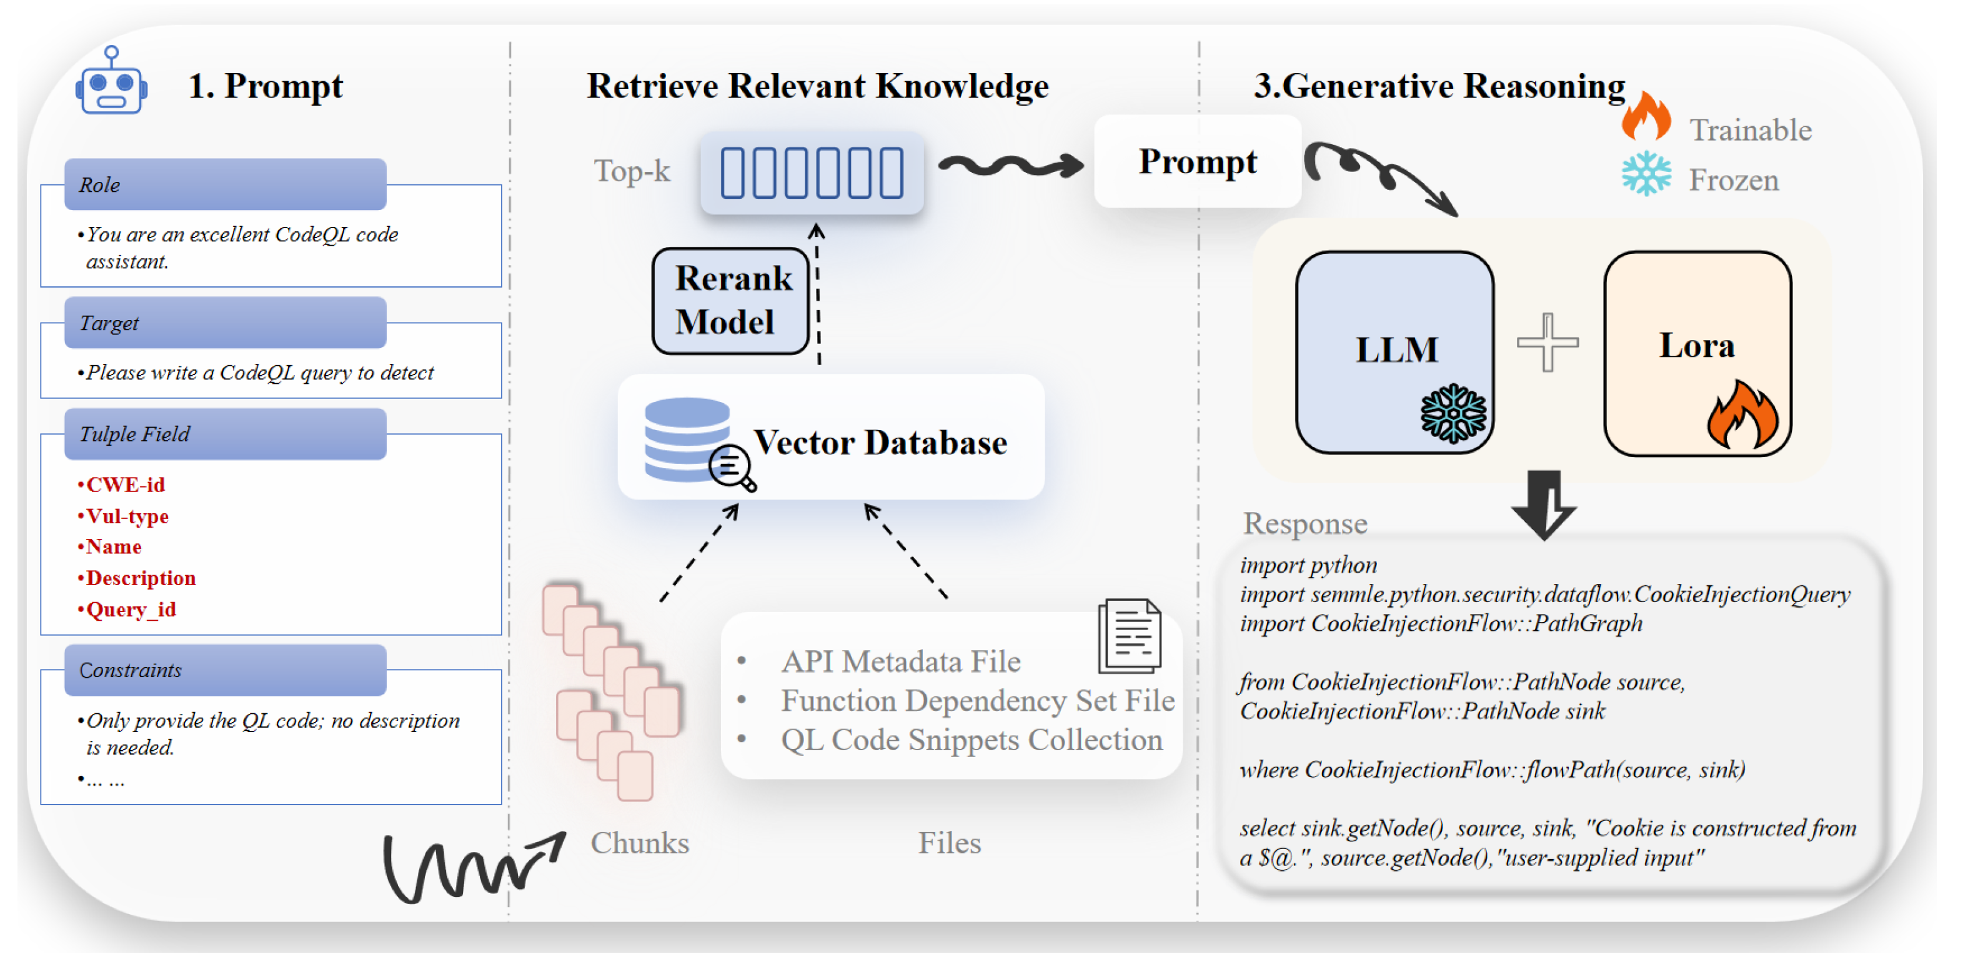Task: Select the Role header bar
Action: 225,184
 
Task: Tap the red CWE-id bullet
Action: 124,485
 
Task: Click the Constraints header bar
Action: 225,670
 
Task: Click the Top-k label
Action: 632,171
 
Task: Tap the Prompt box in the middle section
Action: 1197,162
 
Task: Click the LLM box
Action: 1394,351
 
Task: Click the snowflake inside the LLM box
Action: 1453,413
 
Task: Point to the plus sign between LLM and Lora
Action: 1547,343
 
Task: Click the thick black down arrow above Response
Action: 1544,504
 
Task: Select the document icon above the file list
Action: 1130,636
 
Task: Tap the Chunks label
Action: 639,843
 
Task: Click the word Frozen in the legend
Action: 1733,181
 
